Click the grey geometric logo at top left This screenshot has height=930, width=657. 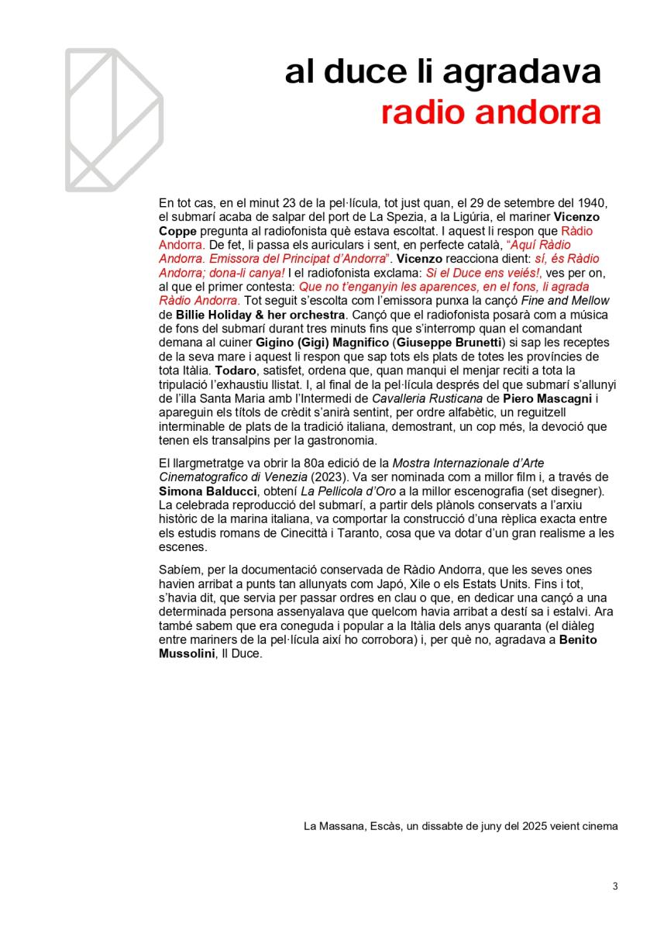tap(114, 119)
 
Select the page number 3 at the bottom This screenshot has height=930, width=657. tap(615, 887)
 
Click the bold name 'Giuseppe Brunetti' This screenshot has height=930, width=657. tap(448, 343)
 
